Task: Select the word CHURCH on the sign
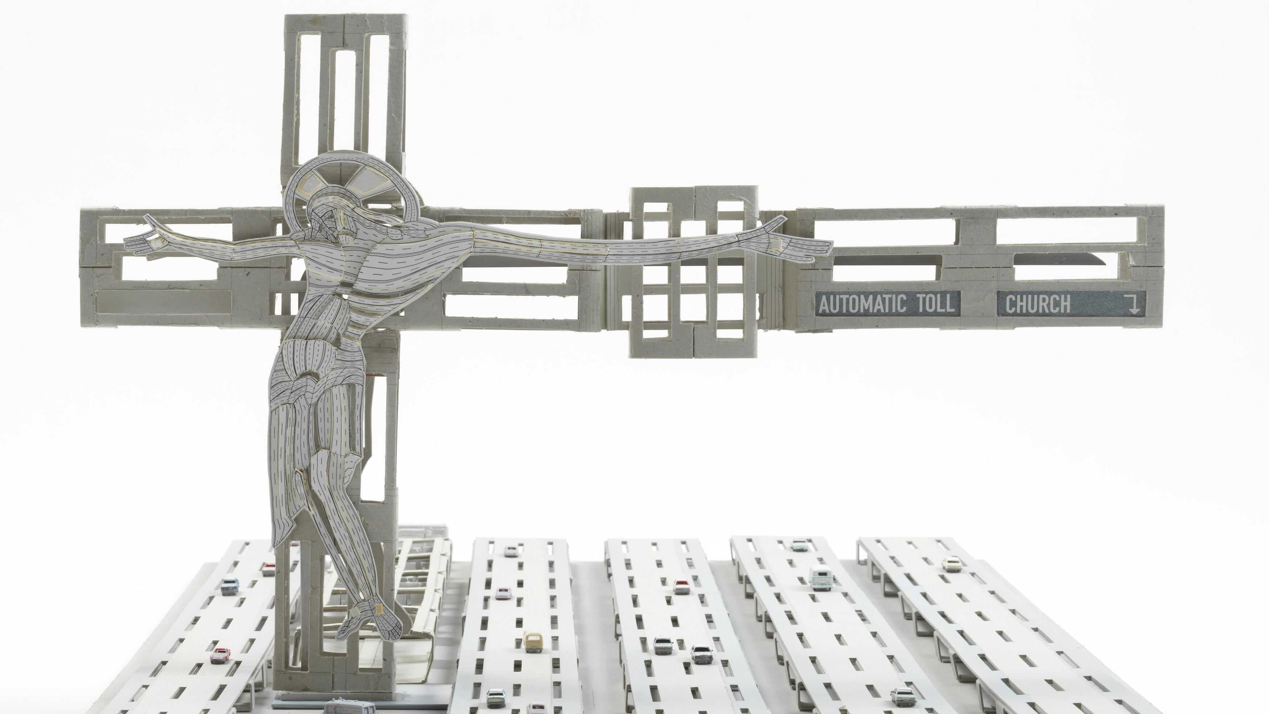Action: pos(1037,304)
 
